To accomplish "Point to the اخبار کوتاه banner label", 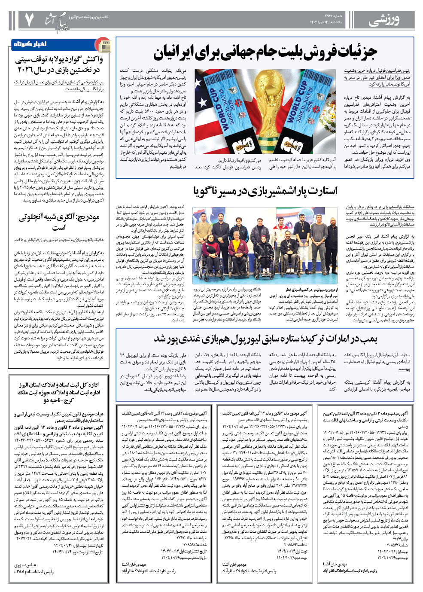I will click(30, 44).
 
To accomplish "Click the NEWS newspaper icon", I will click(103, 44).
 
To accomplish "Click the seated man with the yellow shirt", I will click(237, 250).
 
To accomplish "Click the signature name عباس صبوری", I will click(25, 565).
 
